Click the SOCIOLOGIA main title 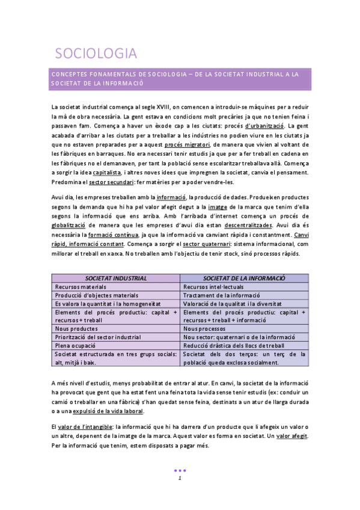(x=96, y=54)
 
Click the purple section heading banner (x=180, y=79)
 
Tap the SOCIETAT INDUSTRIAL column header (x=116, y=279)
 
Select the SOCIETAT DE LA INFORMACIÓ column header (x=244, y=279)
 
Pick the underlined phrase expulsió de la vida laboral (x=108, y=411)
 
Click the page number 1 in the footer (x=179, y=478)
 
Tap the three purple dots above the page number (x=179, y=470)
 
